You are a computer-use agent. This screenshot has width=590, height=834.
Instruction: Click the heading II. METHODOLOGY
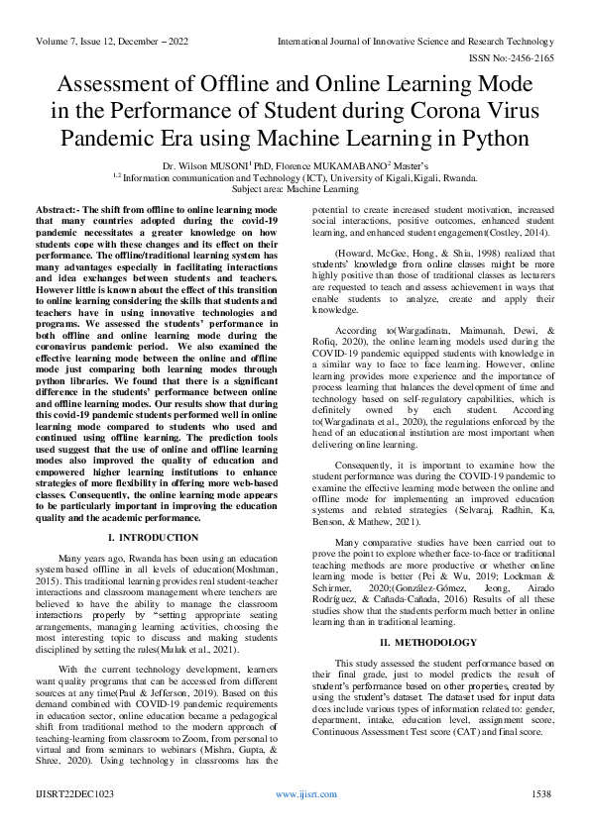pyautogui.click(x=436, y=615)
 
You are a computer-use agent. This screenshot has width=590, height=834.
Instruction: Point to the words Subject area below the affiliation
pyautogui.click(x=257, y=187)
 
